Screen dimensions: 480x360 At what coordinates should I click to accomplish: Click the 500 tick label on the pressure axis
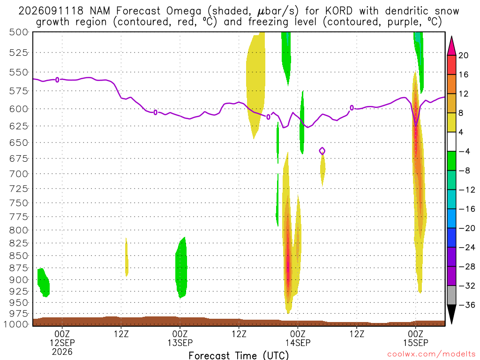(19, 32)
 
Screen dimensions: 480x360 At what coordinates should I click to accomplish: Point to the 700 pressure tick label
(19, 174)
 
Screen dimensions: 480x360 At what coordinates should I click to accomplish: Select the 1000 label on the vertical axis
(17, 324)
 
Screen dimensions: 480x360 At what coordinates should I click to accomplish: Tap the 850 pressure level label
(19, 255)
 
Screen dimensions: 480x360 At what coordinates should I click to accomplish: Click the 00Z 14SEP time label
(298, 338)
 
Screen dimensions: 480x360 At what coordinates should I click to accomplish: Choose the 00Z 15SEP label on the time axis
(415, 338)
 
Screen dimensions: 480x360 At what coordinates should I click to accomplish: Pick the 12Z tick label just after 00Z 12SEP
(121, 334)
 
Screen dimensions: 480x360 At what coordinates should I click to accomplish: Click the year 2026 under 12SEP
(62, 352)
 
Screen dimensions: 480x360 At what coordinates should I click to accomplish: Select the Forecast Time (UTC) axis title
(239, 355)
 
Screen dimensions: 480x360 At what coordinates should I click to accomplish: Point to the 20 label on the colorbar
(463, 55)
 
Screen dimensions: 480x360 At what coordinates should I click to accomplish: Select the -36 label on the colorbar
(467, 305)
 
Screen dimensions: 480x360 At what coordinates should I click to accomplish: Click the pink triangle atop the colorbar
(451, 46)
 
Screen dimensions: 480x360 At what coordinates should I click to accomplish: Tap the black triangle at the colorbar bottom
(451, 314)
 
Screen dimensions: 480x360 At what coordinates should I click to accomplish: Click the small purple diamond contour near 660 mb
(322, 151)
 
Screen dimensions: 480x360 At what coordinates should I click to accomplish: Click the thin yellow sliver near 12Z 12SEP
(127, 257)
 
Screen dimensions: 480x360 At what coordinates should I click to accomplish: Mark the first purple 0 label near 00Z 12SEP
(57, 80)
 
